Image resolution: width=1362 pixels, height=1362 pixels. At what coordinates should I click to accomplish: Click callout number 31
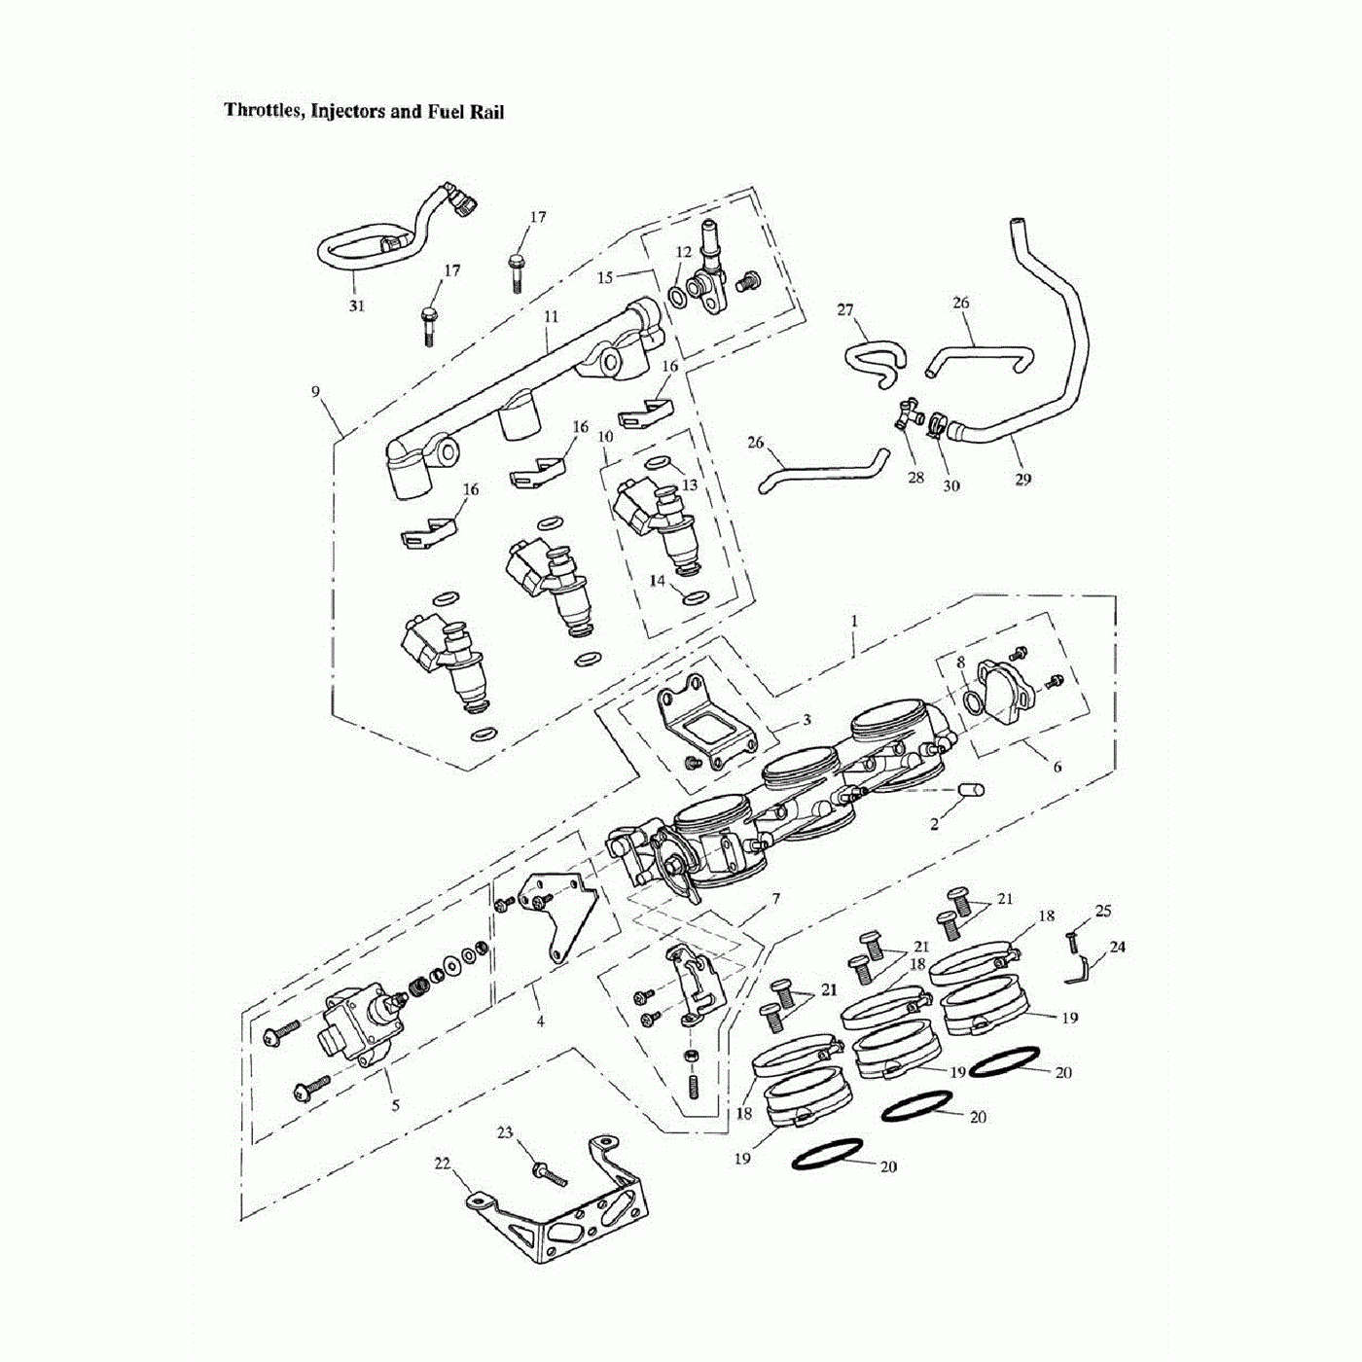[x=357, y=305]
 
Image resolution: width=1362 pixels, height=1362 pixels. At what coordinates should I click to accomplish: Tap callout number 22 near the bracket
[x=443, y=1164]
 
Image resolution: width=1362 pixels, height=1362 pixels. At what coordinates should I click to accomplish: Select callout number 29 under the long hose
[x=1022, y=479]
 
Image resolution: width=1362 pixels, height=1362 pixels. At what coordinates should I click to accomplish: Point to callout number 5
[x=395, y=1105]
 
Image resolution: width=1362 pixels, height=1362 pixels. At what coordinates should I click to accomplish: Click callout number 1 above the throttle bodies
[x=854, y=621]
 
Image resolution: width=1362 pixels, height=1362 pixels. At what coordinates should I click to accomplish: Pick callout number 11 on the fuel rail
[x=552, y=317]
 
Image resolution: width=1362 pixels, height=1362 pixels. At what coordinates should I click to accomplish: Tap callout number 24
[x=1118, y=946]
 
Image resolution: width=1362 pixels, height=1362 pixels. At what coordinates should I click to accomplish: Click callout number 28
[x=915, y=478]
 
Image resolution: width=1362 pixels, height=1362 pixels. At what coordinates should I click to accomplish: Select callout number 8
[x=960, y=663]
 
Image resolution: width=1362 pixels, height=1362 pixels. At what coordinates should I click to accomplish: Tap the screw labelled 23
[x=551, y=1174]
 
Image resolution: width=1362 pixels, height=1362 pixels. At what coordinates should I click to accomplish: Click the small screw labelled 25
[x=1071, y=941]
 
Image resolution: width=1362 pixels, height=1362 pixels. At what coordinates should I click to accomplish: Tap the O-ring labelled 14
[x=695, y=596]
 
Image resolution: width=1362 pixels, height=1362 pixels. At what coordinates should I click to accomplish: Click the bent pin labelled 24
[x=1077, y=970]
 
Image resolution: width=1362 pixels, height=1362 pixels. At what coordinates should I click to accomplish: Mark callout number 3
[x=806, y=720]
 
